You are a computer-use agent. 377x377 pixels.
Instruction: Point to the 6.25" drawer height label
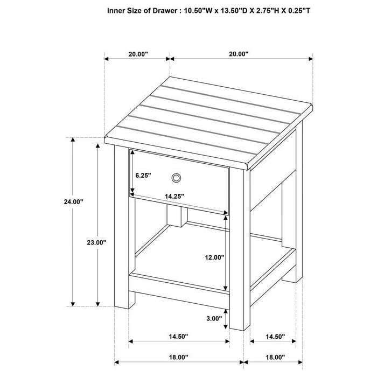pyautogui.click(x=143, y=175)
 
